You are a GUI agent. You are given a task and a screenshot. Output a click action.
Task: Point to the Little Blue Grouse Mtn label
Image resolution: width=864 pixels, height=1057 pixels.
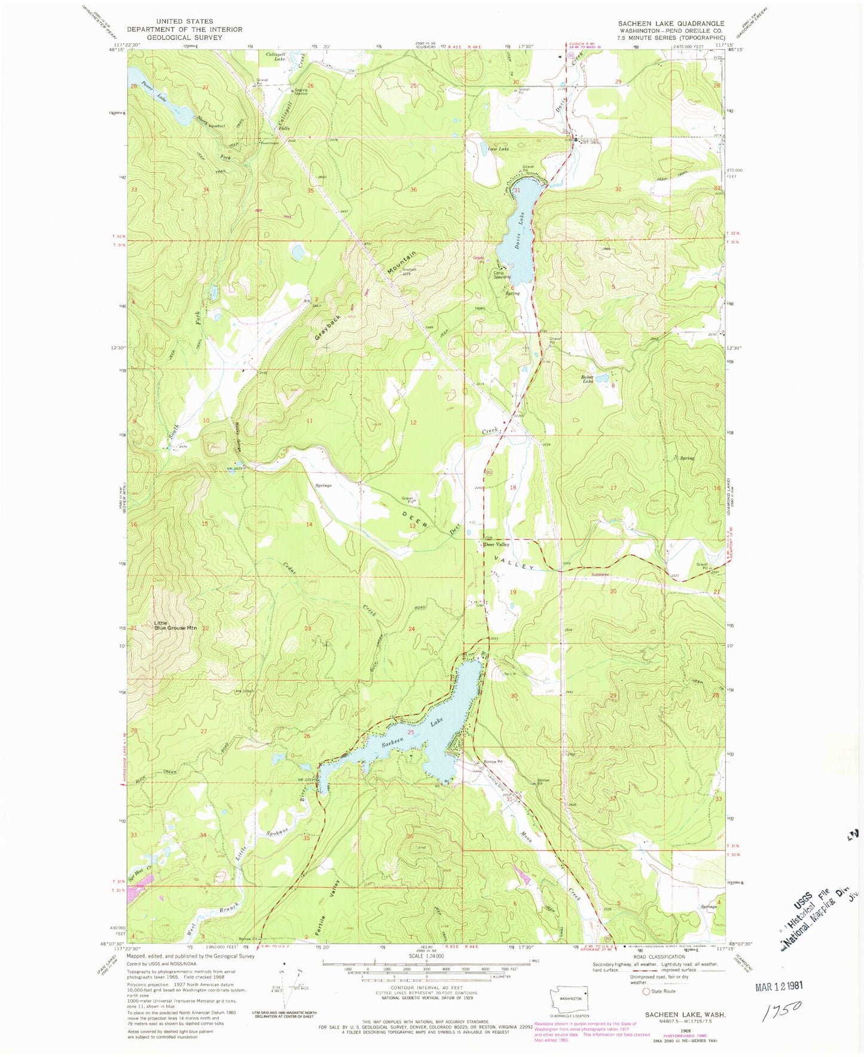click(175, 625)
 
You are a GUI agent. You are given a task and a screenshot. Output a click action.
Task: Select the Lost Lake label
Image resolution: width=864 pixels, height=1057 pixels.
click(498, 149)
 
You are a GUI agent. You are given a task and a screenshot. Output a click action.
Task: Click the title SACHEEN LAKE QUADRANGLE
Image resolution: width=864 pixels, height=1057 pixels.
click(671, 23)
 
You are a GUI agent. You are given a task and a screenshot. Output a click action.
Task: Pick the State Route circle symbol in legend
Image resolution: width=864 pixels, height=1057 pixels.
click(646, 991)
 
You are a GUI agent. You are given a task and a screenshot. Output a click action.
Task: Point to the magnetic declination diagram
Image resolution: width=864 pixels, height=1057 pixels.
click(293, 993)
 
